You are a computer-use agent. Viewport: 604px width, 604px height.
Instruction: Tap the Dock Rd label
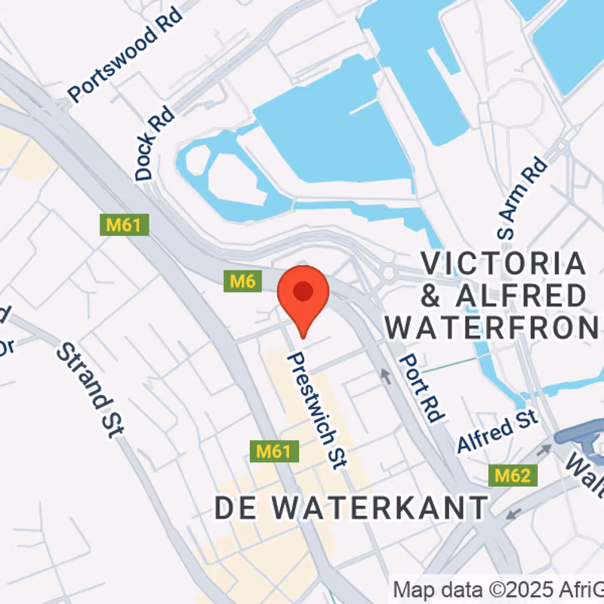tap(155, 143)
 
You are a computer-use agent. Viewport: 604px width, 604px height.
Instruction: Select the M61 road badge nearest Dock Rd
tap(125, 224)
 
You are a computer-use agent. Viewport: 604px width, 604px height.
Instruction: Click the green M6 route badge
tap(242, 282)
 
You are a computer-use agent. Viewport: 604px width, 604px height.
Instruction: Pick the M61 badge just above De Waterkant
tap(274, 451)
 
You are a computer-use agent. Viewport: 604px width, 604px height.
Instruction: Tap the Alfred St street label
tap(497, 431)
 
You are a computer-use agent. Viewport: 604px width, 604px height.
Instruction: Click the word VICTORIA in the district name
tap(503, 264)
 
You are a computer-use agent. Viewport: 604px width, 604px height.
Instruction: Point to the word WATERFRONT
tap(495, 328)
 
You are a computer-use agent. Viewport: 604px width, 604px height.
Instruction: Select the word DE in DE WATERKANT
tap(233, 507)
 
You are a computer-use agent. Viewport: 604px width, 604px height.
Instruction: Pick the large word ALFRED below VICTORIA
tap(521, 296)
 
